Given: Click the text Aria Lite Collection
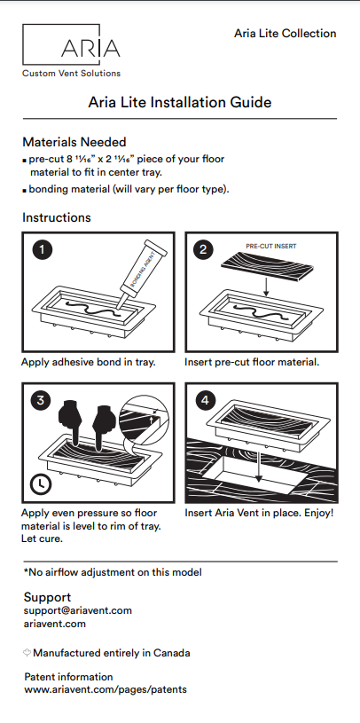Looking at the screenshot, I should (x=285, y=34).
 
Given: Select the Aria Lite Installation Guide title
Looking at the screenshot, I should (x=180, y=103).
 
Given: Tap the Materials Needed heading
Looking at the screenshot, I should (x=74, y=142).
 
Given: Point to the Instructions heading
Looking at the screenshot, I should (x=56, y=217).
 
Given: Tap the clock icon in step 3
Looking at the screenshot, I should (x=40, y=484).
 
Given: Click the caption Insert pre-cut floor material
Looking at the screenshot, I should (x=252, y=363).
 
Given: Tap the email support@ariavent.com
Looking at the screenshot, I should (x=77, y=610).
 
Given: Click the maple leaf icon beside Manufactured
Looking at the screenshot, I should (x=27, y=653).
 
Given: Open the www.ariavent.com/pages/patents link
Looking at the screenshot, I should (x=106, y=689).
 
